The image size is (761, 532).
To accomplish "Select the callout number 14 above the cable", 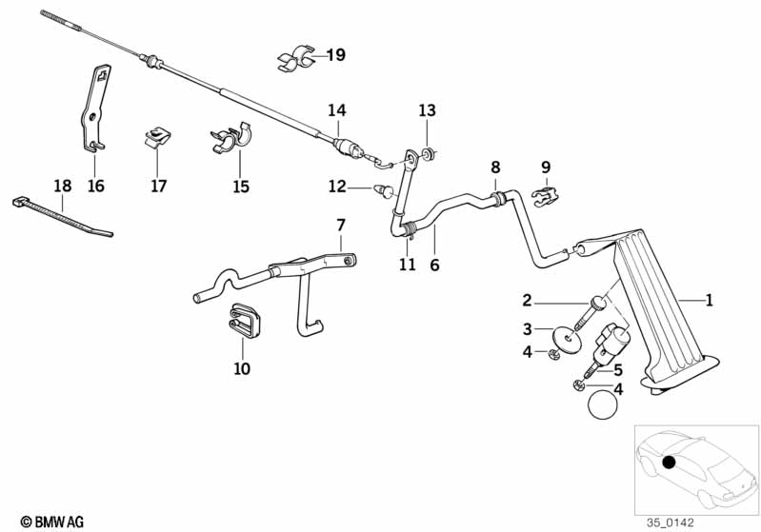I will tap(337, 110).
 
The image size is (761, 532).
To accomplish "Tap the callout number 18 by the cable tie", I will tap(63, 187).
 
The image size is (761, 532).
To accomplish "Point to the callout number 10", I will tap(242, 368).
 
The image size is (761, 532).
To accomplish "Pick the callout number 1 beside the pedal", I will tap(709, 301).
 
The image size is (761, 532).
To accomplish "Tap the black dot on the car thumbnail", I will tap(669, 463).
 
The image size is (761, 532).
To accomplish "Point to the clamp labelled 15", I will tap(229, 140).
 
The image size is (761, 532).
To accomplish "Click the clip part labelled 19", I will tap(298, 59).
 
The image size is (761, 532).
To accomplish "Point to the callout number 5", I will tap(617, 370).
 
